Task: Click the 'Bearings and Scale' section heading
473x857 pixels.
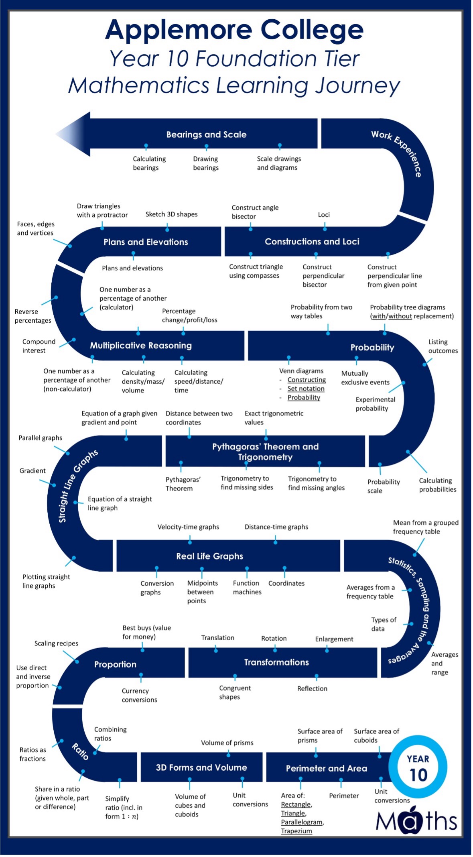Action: pyautogui.click(x=206, y=134)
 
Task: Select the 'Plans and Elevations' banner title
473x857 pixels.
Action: pyautogui.click(x=146, y=242)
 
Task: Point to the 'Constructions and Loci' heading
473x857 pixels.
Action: pyautogui.click(x=312, y=242)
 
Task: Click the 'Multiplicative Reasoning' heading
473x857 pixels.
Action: pyautogui.click(x=141, y=346)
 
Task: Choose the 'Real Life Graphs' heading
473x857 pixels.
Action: pyautogui.click(x=209, y=556)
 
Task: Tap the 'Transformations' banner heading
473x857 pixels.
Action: pyautogui.click(x=276, y=662)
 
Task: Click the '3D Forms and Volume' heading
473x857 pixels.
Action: pyautogui.click(x=201, y=767)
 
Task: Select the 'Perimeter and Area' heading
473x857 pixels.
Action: pyautogui.click(x=326, y=768)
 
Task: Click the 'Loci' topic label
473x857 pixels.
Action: pyautogui.click(x=324, y=215)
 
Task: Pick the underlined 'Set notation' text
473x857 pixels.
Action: pyautogui.click(x=306, y=389)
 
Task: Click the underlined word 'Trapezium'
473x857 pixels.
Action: pyautogui.click(x=296, y=831)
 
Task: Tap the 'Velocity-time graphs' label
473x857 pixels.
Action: pyautogui.click(x=188, y=527)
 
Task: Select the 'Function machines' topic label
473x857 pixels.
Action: pyautogui.click(x=247, y=588)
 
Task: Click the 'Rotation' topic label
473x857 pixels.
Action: pyautogui.click(x=274, y=638)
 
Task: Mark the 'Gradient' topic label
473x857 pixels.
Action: pyautogui.click(x=32, y=470)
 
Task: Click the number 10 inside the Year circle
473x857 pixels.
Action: pyautogui.click(x=418, y=775)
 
